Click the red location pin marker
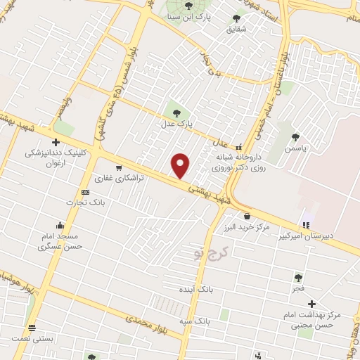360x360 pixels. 181,166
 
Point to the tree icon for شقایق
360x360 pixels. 236,18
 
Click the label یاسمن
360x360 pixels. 300,150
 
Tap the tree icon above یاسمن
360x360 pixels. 301,138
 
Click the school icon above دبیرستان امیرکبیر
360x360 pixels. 305,226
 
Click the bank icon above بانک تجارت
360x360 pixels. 85,192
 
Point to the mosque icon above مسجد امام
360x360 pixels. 61,226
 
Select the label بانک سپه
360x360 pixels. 195,320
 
